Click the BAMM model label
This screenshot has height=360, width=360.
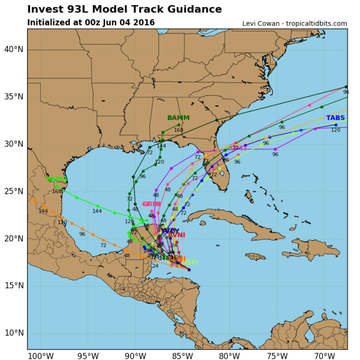(x=178, y=118)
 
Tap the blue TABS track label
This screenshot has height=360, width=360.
(x=335, y=118)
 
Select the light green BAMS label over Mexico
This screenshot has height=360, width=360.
(x=57, y=179)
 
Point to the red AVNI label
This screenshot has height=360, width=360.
(x=176, y=235)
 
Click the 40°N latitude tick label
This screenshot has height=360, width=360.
(x=12, y=49)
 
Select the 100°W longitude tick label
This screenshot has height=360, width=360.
(x=37, y=356)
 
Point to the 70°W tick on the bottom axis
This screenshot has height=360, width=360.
(x=323, y=356)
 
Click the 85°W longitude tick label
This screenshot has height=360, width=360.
(x=180, y=356)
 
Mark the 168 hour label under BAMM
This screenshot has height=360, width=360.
(x=178, y=130)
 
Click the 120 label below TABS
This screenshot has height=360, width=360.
(x=336, y=130)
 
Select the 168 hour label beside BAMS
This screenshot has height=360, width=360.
(x=57, y=191)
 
